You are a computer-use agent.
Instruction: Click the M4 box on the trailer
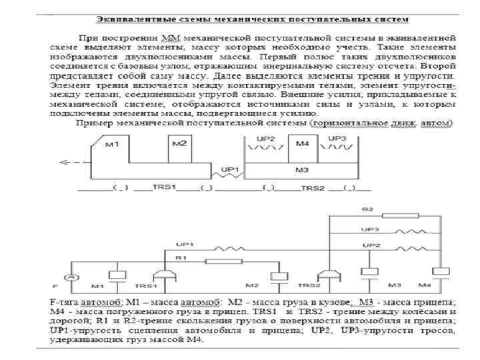[302, 149]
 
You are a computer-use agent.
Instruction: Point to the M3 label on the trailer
[302, 171]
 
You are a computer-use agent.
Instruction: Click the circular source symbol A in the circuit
[67, 276]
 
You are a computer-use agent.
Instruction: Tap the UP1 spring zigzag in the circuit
[221, 246]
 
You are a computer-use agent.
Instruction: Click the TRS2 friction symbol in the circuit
[327, 275]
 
